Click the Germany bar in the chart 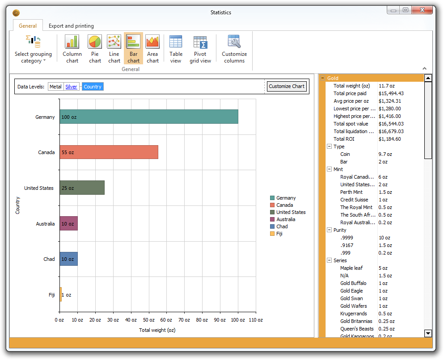[x=149, y=117]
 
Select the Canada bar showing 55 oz [x=109, y=152]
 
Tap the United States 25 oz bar [x=82, y=188]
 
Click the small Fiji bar [x=61, y=294]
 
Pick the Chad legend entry [x=282, y=226]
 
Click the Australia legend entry [x=285, y=219]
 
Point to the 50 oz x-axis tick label [x=148, y=320]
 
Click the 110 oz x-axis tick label [x=255, y=320]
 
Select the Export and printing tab [x=71, y=26]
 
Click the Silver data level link [x=71, y=87]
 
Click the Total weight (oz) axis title [x=157, y=330]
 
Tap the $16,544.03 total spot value [x=391, y=124]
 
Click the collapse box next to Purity [x=329, y=230]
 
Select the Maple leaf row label [x=351, y=268]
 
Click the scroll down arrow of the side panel [x=428, y=333]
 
